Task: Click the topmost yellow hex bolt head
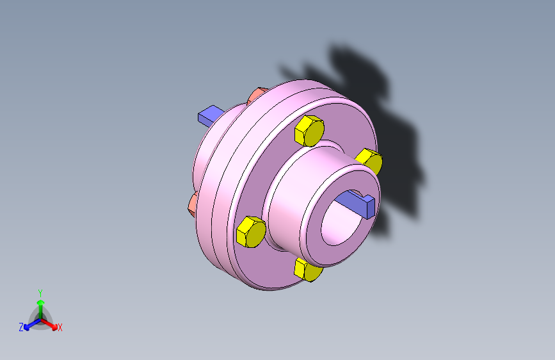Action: tap(309, 131)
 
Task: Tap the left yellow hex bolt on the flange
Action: tap(251, 232)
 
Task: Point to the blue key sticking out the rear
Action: tap(209, 115)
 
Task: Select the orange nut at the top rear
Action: tap(256, 95)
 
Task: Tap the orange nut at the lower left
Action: tap(192, 204)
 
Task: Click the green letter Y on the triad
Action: tap(40, 292)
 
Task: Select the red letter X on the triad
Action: tap(60, 328)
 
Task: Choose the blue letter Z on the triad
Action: tap(21, 327)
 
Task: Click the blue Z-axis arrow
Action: tap(29, 323)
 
